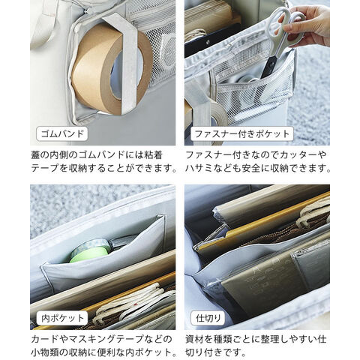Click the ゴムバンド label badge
(62, 134)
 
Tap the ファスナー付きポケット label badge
(241, 134)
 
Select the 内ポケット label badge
(62, 318)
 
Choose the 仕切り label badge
(208, 318)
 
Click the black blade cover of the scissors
(268, 66)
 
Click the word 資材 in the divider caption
(195, 339)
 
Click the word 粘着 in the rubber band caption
(153, 155)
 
